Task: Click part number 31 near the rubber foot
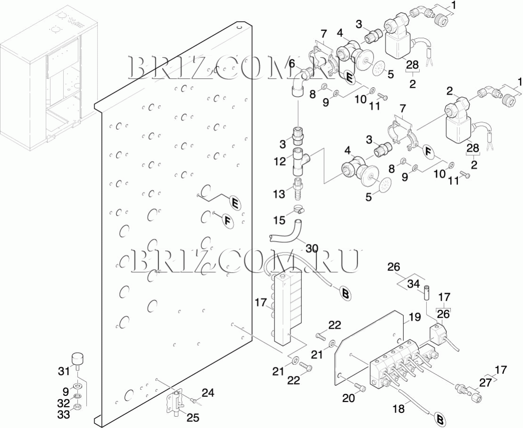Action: (64, 372)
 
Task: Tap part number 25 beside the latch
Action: (193, 417)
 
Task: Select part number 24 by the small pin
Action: (208, 393)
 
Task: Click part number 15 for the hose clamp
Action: (279, 219)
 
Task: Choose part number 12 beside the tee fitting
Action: (279, 161)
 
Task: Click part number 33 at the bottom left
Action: (64, 414)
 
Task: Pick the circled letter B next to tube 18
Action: (440, 419)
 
